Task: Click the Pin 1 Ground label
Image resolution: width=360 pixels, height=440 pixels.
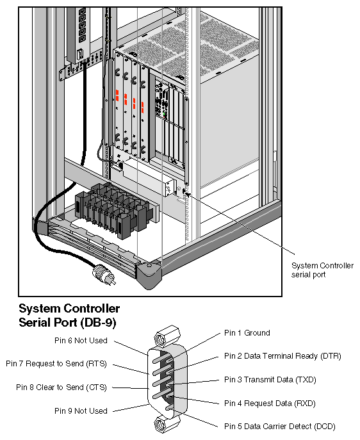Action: pyautogui.click(x=247, y=333)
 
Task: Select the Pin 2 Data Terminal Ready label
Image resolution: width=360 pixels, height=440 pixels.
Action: pyautogui.click(x=282, y=355)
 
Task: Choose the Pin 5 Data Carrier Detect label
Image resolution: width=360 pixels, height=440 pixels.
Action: pyautogui.click(x=279, y=427)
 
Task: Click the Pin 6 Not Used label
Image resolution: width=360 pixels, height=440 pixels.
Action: pyautogui.click(x=81, y=341)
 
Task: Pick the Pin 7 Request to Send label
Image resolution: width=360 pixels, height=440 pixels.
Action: pyautogui.click(x=56, y=364)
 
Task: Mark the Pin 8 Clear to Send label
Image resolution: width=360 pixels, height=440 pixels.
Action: pyautogui.click(x=61, y=387)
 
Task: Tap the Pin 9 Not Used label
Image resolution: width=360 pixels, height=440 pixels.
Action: pyautogui.click(x=81, y=411)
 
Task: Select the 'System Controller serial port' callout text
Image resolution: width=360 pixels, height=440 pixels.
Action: pyautogui.click(x=322, y=270)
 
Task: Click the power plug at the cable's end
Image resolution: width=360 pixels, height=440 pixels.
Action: pyautogui.click(x=103, y=277)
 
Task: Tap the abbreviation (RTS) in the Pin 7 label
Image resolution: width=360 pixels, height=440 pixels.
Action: pyautogui.click(x=95, y=364)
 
